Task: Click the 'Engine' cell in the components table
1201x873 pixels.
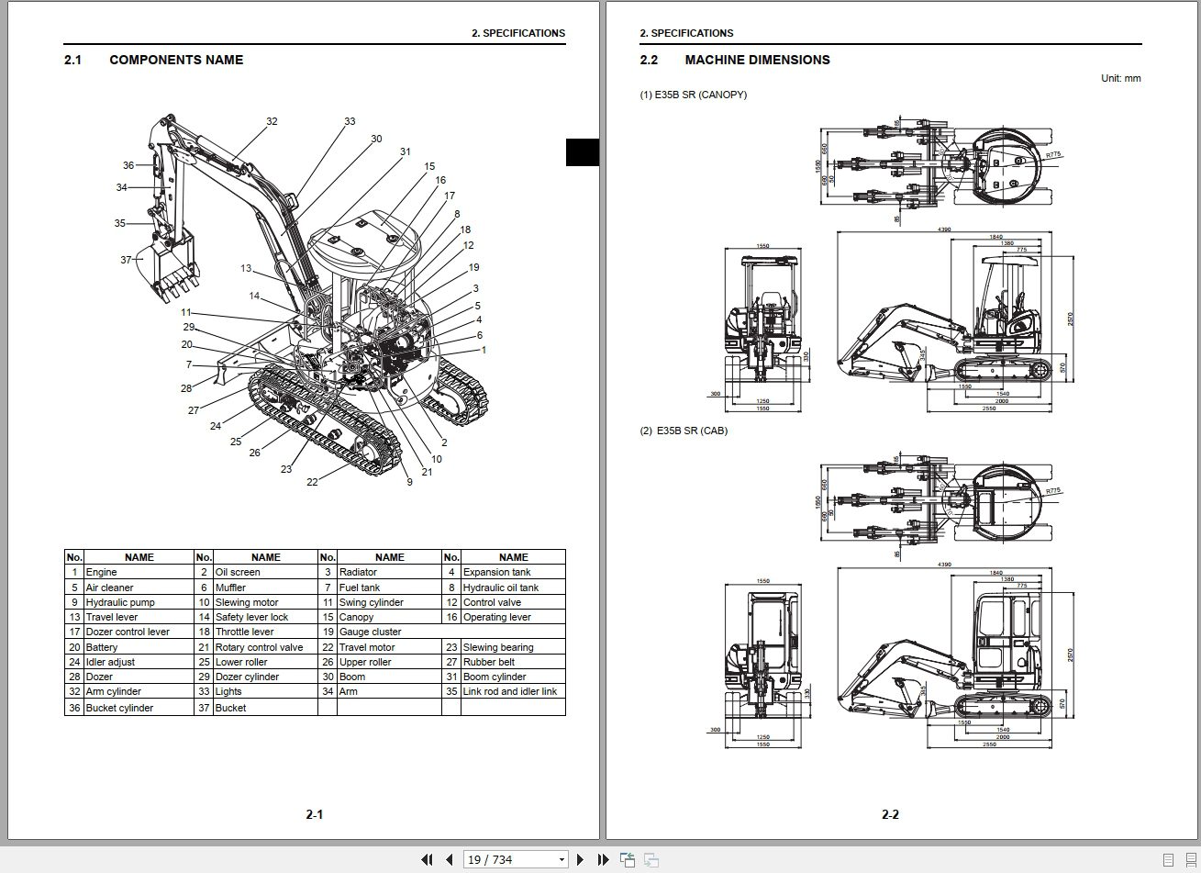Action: tap(101, 572)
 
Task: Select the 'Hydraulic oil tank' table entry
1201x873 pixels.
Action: tap(500, 588)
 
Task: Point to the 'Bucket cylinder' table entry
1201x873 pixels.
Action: tap(119, 708)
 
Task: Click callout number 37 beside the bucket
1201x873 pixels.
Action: tap(126, 260)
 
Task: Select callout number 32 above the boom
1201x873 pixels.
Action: tap(272, 121)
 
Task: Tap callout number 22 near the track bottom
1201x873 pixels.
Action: tap(312, 482)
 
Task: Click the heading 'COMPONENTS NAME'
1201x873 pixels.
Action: tap(176, 60)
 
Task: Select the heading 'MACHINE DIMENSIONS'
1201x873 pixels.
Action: tap(757, 60)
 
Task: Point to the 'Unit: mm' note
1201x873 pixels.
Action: tap(1120, 78)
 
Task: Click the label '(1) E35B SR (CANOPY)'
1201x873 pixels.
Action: tap(693, 95)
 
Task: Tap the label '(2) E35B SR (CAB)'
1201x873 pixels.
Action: tap(683, 431)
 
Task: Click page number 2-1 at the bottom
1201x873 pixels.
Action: tap(314, 814)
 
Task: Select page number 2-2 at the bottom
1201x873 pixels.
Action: tap(890, 814)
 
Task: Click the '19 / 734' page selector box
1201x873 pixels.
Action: tap(516, 859)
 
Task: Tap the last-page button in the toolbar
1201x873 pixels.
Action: tap(603, 859)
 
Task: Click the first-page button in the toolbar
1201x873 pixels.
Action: tap(427, 859)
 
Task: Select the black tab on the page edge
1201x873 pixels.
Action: tap(582, 151)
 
